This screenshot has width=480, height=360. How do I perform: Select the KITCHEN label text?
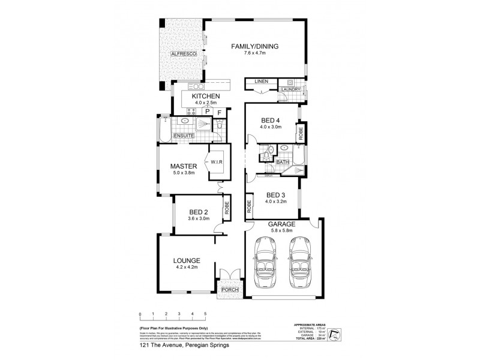point(206,97)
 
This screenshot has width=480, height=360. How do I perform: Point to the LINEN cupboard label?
point(260,81)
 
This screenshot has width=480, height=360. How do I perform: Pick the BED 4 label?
point(271,118)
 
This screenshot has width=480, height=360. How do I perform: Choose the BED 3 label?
point(275,194)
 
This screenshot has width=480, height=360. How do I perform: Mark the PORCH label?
point(230,290)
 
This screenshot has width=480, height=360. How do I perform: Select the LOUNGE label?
point(187,260)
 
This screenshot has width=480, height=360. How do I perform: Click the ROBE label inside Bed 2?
point(227,208)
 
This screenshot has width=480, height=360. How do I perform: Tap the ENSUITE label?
point(184,137)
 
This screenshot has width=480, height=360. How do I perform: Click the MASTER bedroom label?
point(180,166)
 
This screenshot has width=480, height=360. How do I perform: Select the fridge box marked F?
point(220,112)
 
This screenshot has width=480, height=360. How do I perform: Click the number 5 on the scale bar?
point(205,314)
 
